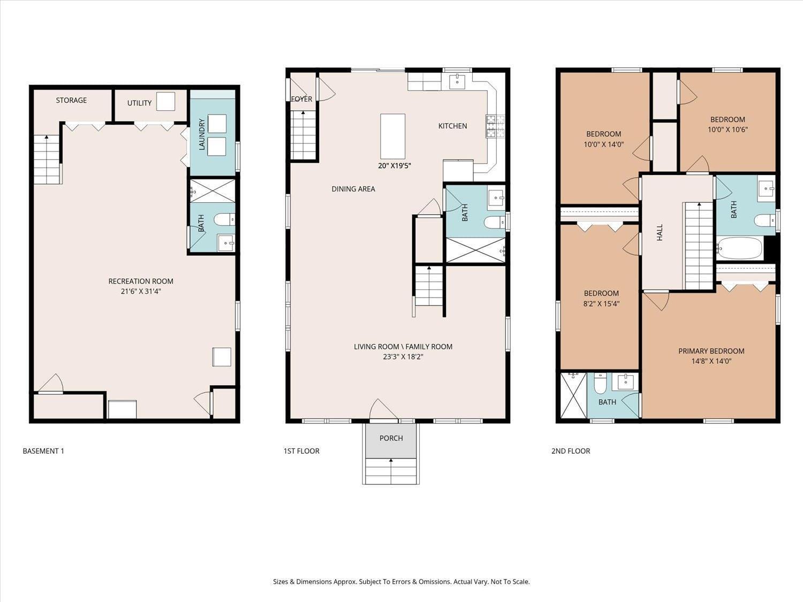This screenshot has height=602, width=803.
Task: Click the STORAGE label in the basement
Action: [71, 100]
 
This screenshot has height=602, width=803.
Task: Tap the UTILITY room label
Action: [139, 103]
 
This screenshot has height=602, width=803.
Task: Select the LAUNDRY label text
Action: [202, 134]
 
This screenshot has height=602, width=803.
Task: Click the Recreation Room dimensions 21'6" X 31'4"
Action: [141, 292]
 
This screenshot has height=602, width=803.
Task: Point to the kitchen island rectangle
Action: [392, 136]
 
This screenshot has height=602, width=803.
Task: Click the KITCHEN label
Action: [452, 126]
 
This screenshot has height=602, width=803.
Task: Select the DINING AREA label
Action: [353, 189]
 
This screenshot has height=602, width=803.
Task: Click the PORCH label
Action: [391, 438]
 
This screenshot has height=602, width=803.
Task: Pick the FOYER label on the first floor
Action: [301, 99]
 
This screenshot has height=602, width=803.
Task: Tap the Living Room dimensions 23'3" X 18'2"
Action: [403, 357]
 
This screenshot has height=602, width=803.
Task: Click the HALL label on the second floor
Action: [660, 232]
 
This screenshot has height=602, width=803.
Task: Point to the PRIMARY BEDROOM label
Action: [711, 351]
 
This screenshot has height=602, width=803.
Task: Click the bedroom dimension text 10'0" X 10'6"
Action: [728, 129]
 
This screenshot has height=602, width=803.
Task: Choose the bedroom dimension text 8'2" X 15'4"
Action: [601, 303]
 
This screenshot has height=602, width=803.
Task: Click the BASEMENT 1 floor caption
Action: [43, 451]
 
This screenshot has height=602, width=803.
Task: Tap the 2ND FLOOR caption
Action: [571, 451]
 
